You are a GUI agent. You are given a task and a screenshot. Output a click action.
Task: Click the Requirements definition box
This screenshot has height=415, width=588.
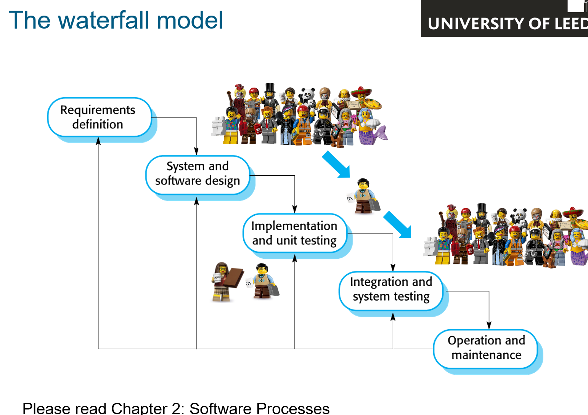pos(100,117)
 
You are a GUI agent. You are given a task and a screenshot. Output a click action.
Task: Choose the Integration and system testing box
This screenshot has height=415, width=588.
pos(391,291)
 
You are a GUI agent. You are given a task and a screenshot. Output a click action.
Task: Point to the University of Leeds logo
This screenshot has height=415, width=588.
pos(504,18)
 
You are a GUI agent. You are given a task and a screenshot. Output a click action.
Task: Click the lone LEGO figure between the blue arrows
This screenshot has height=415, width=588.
pos(364,196)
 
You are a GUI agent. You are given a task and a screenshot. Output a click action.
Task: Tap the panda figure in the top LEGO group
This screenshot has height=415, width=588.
pos(308,98)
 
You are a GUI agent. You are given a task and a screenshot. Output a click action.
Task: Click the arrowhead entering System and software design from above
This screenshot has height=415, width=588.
pos(196,151)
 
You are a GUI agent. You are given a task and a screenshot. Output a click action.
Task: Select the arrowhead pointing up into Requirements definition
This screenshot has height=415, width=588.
pos(98,141)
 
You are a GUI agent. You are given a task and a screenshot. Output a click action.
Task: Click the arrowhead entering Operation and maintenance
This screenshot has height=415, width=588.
pos(489,325)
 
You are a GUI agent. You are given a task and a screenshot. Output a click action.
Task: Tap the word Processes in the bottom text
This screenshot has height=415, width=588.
pos(293,408)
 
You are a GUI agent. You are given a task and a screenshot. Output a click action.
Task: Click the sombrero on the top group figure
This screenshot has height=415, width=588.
pos(361,91)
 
